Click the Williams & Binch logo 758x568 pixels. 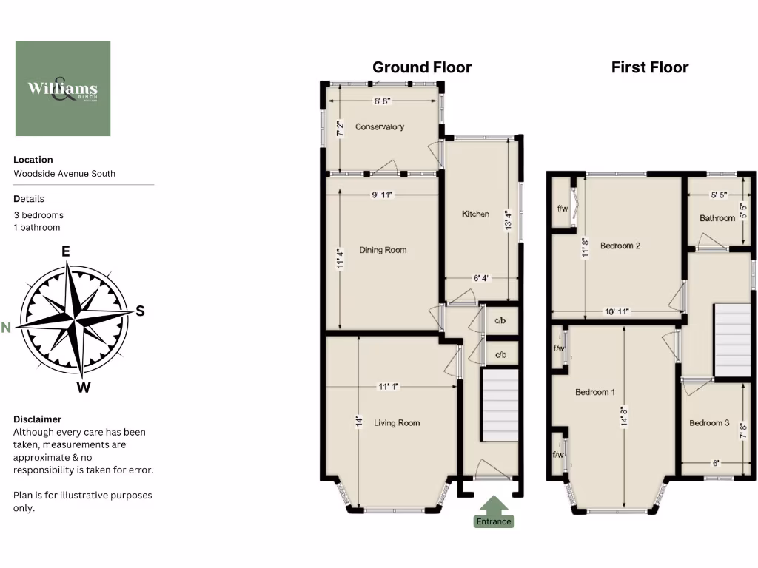(x=63, y=89)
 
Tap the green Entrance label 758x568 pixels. (x=494, y=521)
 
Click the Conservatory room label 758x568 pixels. (x=380, y=126)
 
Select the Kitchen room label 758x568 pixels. (x=475, y=214)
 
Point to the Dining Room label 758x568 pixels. (x=383, y=250)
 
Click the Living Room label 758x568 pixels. (x=397, y=423)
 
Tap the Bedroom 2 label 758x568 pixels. (x=620, y=246)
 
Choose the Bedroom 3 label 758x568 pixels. (x=709, y=423)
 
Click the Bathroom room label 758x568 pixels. (x=717, y=218)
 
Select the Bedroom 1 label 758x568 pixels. (x=595, y=392)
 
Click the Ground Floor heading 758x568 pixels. (x=422, y=67)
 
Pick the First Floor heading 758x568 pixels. (x=650, y=67)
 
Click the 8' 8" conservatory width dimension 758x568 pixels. (x=382, y=101)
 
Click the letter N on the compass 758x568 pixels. (x=6, y=328)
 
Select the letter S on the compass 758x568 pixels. (x=139, y=311)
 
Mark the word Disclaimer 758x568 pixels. (x=37, y=419)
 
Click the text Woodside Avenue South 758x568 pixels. (x=64, y=174)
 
